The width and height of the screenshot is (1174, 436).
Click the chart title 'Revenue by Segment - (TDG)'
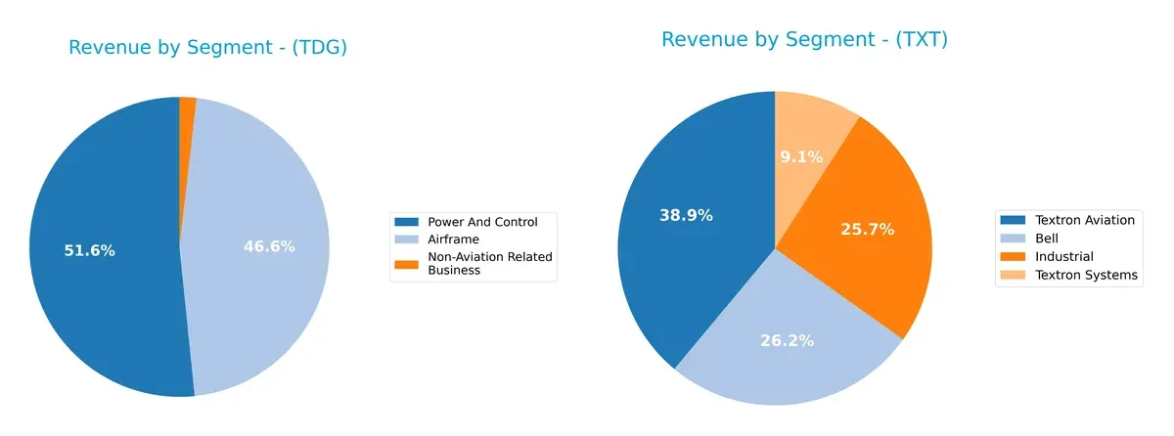207,48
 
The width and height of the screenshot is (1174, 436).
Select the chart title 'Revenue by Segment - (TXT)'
804,40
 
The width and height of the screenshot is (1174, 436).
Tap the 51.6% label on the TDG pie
89,250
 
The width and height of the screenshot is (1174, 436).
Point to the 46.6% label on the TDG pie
269,246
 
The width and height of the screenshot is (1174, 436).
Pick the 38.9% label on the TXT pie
686,215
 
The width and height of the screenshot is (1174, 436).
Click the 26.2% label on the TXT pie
787,341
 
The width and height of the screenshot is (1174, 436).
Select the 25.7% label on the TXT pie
867,229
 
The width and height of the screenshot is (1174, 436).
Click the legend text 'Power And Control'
482,222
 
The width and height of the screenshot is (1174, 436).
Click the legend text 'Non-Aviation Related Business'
489,263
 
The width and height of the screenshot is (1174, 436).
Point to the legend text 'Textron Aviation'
1084,220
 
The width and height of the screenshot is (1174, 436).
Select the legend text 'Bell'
1047,238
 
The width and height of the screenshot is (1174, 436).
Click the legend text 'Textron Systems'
1085,275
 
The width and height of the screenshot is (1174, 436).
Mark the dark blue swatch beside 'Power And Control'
407,222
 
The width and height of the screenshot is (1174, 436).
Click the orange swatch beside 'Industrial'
1014,256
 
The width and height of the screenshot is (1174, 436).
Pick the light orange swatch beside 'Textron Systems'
1014,275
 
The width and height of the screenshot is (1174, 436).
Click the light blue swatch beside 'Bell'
1014,238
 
